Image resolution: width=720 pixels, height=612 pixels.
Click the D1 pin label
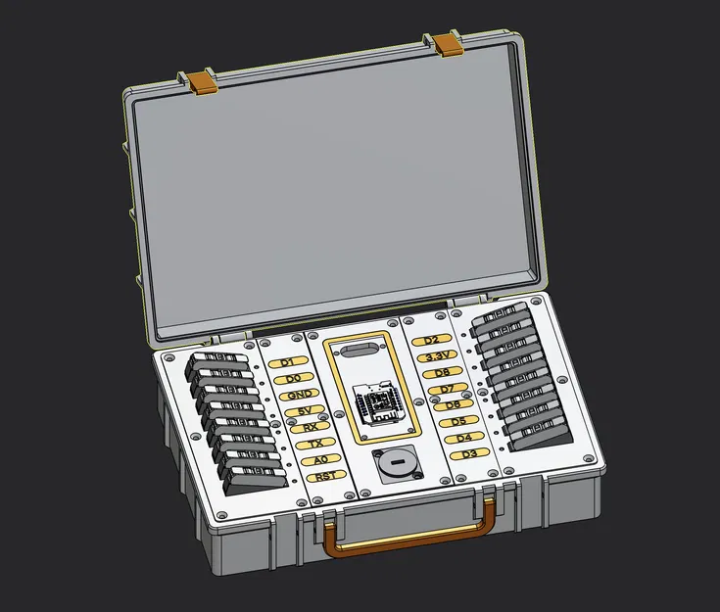tap(287, 362)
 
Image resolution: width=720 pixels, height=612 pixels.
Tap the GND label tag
tap(299, 395)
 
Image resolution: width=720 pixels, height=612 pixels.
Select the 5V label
tap(304, 410)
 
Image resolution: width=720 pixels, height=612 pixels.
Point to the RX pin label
tap(310, 427)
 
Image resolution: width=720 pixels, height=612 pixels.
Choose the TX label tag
tap(315, 444)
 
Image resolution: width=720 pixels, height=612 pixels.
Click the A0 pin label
tap(320, 459)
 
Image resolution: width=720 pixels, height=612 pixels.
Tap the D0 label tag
tap(293, 378)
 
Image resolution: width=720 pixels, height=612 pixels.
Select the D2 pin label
tap(431, 340)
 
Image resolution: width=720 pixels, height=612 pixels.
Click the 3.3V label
tap(436, 355)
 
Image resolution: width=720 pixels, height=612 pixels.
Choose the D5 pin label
tap(452, 405)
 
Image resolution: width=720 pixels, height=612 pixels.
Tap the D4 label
tap(462, 438)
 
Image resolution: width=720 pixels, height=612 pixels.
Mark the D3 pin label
tap(468, 454)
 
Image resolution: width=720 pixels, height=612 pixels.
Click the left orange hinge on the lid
tap(202, 81)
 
